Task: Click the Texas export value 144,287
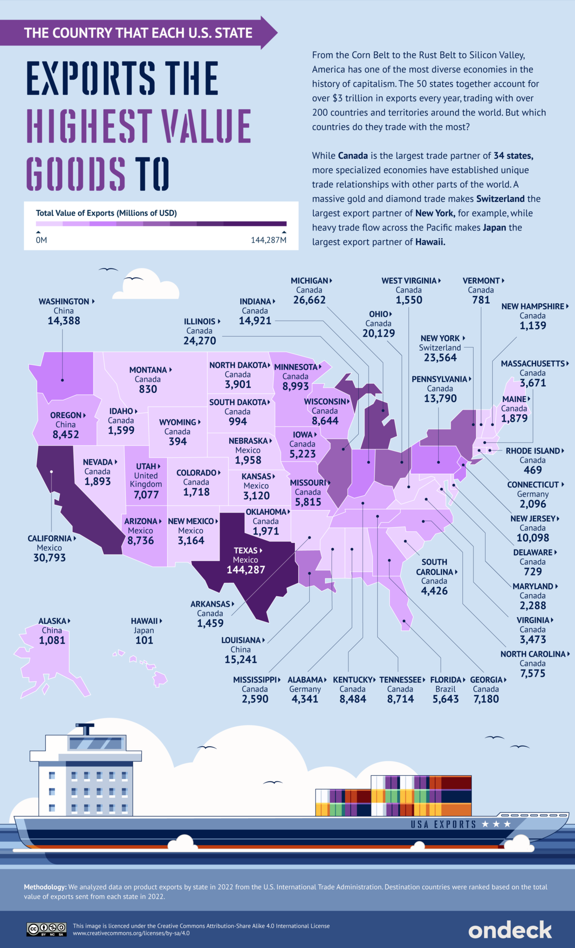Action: (x=245, y=570)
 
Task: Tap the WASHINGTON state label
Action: (x=64, y=301)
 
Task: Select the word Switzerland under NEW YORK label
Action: (x=440, y=348)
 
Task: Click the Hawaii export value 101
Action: (x=144, y=640)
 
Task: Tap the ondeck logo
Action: (x=510, y=930)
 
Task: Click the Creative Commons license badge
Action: (x=46, y=929)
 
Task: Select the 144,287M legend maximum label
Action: (x=269, y=240)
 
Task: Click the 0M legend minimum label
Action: (x=41, y=240)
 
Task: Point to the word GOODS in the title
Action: (x=75, y=174)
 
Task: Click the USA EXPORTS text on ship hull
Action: (x=443, y=824)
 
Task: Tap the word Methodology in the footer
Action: (x=45, y=887)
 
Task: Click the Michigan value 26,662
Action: (x=309, y=300)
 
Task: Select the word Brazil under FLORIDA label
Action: (x=445, y=689)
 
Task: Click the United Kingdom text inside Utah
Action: (x=146, y=480)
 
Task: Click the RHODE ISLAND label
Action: (x=532, y=451)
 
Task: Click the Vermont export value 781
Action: (x=481, y=300)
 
